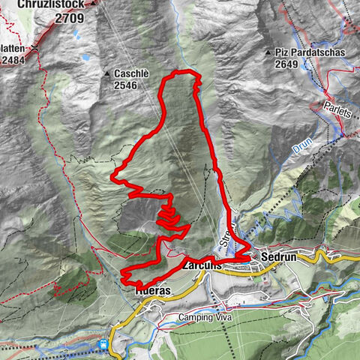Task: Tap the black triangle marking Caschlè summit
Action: point(107,74)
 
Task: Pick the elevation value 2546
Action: point(128,86)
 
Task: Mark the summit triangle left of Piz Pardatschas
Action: point(268,53)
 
